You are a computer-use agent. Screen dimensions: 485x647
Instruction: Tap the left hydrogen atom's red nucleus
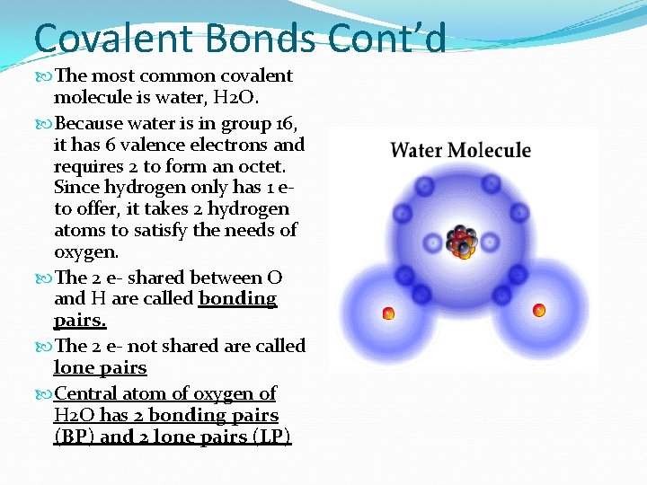click(388, 313)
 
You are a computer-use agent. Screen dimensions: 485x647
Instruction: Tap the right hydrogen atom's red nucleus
click(539, 311)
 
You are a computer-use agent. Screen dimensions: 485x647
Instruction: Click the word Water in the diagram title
click(417, 150)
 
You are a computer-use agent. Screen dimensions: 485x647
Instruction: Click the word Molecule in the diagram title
click(490, 150)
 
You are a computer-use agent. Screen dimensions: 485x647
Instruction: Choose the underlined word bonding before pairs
click(237, 299)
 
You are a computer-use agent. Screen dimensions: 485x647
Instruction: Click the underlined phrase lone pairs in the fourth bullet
click(100, 367)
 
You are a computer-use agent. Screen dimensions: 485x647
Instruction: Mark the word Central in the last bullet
click(86, 393)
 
